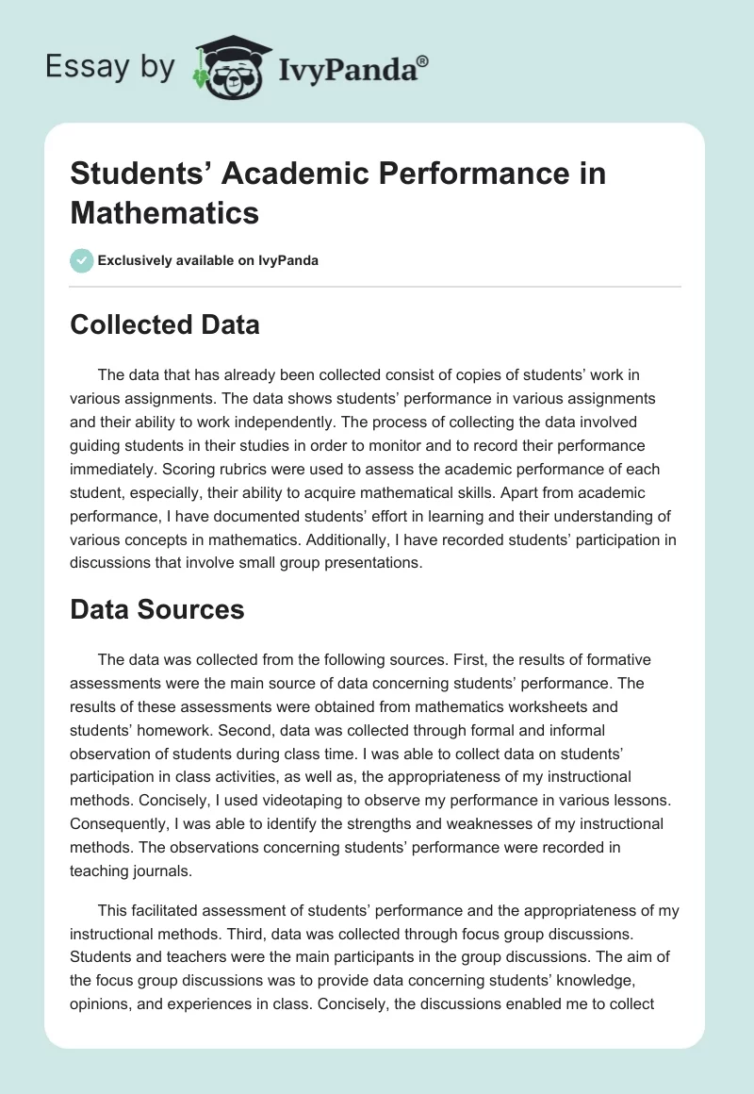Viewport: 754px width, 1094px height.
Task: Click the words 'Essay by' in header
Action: coord(109,68)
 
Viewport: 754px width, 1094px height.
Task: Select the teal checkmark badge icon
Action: coord(82,260)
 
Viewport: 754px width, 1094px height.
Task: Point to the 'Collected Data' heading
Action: coord(165,324)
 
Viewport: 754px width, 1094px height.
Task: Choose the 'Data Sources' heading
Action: coord(157,609)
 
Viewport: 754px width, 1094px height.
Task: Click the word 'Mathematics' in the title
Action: coord(164,213)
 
